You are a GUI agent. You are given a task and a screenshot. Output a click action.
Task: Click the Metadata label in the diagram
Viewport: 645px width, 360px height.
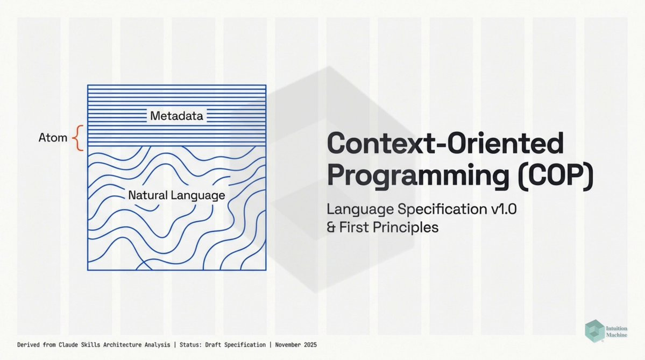(x=176, y=116)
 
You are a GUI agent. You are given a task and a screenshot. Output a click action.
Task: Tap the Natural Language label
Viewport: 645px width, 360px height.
(x=176, y=195)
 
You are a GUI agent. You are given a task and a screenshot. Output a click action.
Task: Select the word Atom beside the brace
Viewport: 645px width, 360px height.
(x=53, y=137)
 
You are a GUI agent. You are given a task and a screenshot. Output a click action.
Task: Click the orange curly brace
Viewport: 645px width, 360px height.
(x=78, y=138)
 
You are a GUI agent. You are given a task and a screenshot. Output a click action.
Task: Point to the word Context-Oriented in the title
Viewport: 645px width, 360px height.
(x=445, y=143)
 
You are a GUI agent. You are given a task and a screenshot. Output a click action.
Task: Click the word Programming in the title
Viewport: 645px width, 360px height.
(x=418, y=175)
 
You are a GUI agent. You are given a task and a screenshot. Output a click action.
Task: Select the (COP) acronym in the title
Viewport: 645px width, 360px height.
(x=555, y=175)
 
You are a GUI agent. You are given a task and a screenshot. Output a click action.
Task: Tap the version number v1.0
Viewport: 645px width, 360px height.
(x=504, y=209)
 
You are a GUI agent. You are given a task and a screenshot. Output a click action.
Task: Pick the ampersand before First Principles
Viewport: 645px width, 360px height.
(x=331, y=228)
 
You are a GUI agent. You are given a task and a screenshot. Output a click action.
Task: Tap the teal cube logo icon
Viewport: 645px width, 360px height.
(x=594, y=331)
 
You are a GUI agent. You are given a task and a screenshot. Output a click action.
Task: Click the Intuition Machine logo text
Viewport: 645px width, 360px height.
(x=616, y=331)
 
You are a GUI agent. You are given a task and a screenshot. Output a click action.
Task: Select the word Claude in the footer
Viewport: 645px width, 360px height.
(x=67, y=345)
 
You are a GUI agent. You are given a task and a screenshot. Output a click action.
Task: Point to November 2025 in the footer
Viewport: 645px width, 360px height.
(x=296, y=345)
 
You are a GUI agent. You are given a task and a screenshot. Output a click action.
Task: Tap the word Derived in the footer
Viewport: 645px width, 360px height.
(x=29, y=345)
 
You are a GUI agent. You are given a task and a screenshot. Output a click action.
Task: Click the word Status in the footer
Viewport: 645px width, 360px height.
(x=189, y=345)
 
